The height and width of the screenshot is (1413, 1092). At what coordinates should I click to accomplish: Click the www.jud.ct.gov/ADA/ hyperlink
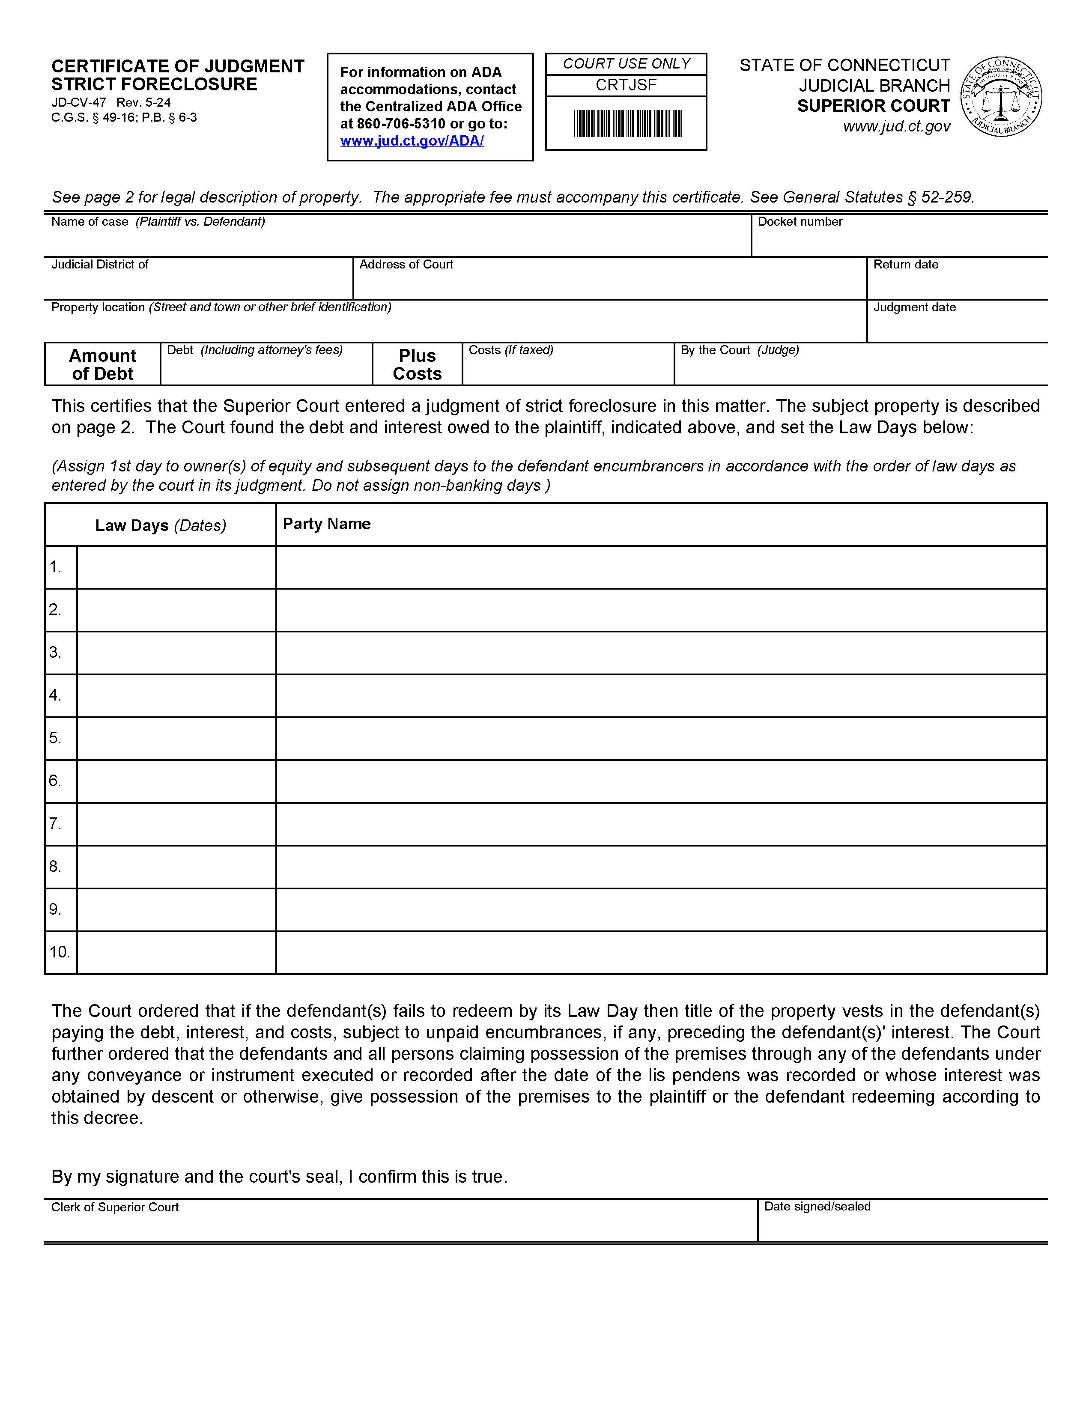tap(412, 141)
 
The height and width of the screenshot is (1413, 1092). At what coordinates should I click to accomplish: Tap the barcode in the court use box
tap(627, 124)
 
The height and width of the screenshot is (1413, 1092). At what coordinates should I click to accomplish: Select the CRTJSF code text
tap(626, 85)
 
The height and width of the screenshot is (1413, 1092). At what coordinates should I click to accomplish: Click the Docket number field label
tap(800, 222)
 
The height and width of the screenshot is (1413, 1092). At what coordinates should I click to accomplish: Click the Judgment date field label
tap(914, 307)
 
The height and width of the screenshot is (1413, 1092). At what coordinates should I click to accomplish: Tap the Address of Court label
tap(406, 265)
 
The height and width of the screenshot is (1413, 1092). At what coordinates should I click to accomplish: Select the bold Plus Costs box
tap(417, 365)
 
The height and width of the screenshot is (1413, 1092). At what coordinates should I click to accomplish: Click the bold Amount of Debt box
tap(102, 365)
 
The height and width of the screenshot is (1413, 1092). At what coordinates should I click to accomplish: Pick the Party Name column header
tap(327, 524)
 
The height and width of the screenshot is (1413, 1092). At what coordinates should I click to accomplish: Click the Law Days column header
tap(161, 525)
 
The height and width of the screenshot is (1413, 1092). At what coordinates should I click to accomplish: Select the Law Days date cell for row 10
tap(176, 952)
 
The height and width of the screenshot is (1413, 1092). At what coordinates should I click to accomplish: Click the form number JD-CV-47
tap(78, 102)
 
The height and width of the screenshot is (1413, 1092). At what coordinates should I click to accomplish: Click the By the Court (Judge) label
tap(740, 350)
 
